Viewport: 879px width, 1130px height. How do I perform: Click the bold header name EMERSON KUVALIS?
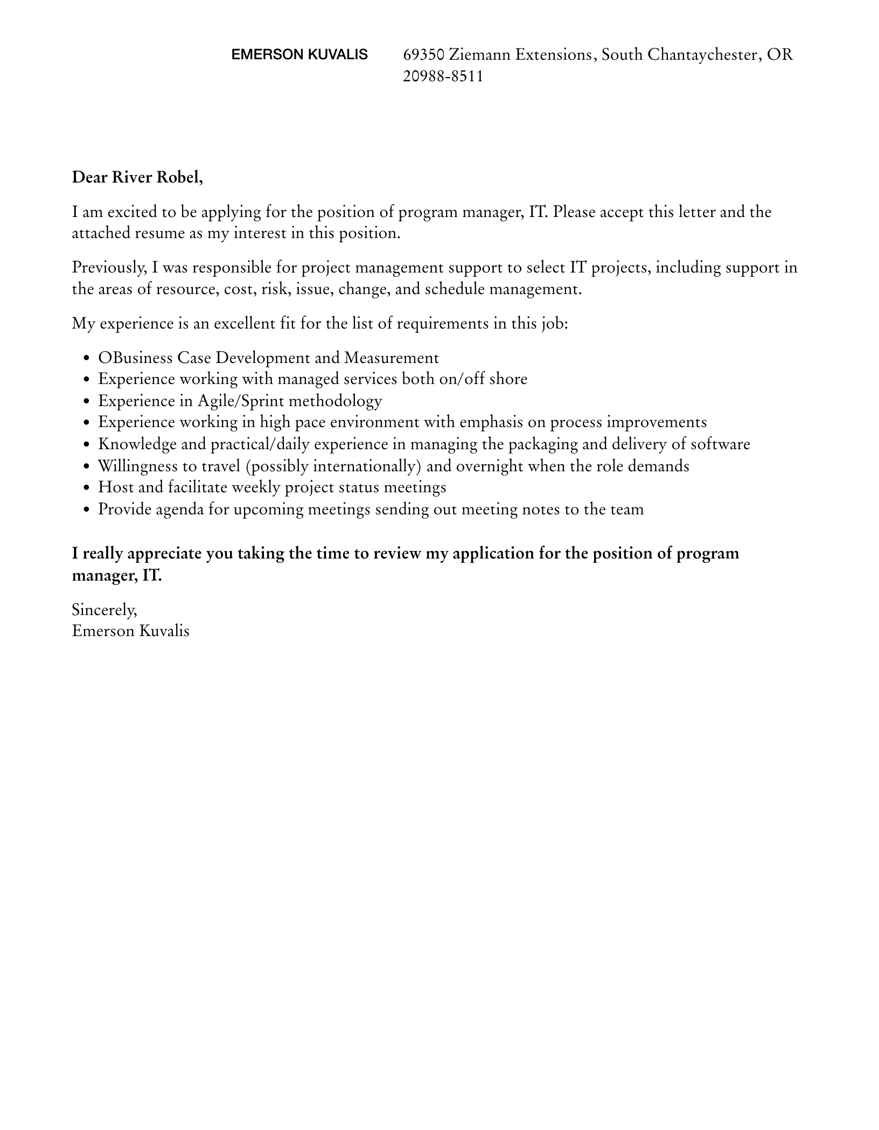299,54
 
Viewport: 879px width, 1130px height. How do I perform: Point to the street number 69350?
423,54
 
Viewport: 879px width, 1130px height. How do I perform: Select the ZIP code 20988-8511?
443,76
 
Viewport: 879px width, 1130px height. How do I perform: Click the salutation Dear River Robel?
137,177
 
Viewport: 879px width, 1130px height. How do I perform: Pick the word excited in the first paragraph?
132,212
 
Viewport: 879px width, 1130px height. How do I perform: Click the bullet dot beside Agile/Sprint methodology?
87,402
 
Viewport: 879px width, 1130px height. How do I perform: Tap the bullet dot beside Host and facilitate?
87,488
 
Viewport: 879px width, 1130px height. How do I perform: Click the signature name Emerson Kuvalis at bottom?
131,631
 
